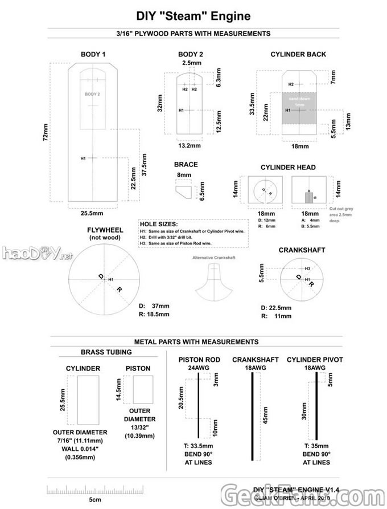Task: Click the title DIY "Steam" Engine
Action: click(193, 18)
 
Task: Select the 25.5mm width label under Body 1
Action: click(91, 214)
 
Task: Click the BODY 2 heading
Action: click(191, 54)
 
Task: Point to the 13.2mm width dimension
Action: click(190, 146)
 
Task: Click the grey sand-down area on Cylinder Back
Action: click(300, 108)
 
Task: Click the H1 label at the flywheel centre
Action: click(112, 279)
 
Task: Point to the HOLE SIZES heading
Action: click(159, 224)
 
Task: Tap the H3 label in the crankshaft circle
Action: click(307, 268)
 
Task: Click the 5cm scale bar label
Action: click(95, 499)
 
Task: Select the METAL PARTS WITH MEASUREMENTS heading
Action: click(196, 341)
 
